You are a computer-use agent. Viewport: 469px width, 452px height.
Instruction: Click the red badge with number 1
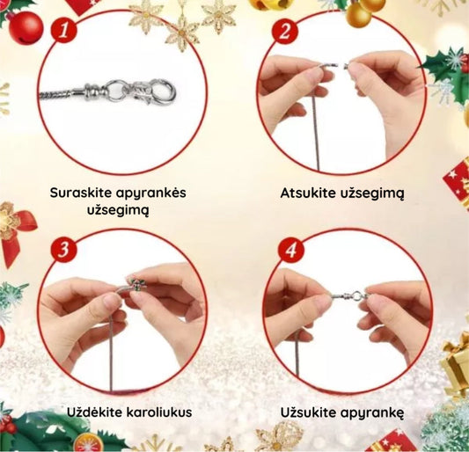pos(63,30)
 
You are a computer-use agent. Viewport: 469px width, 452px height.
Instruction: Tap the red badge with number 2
pos(285,30)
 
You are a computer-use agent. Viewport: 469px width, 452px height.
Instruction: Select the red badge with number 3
pos(63,249)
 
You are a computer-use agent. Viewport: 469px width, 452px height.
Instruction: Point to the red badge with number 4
pos(291,250)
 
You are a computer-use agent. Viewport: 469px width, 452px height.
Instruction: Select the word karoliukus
pos(159,412)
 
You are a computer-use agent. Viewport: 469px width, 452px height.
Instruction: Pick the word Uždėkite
pos(95,412)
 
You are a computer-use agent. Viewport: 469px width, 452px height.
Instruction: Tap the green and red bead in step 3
pos(136,284)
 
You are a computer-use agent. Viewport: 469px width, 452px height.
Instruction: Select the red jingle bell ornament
pos(26,27)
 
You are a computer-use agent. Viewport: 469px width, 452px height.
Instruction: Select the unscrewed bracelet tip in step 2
pos(329,65)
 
